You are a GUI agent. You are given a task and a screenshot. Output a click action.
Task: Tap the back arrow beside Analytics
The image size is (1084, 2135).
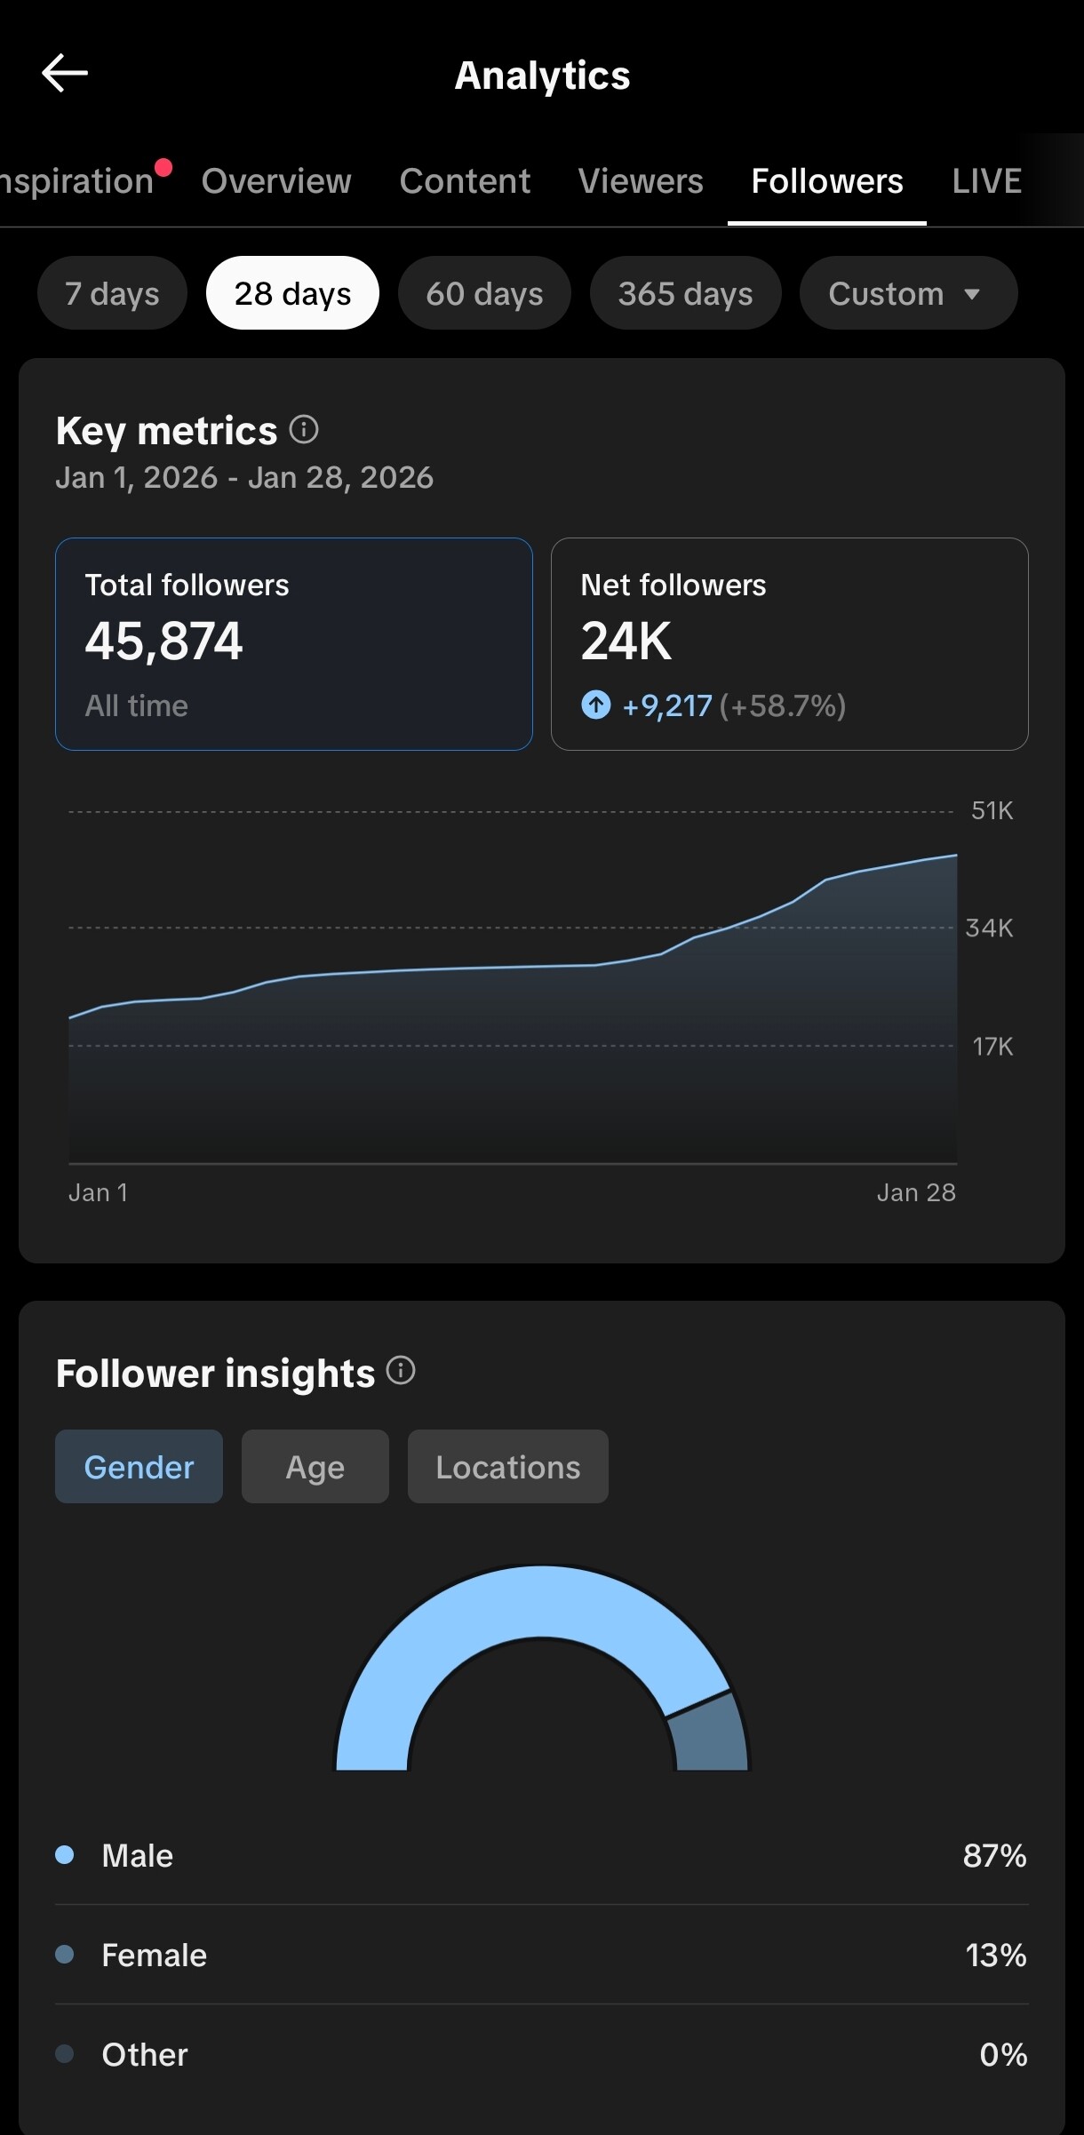pyautogui.click(x=65, y=73)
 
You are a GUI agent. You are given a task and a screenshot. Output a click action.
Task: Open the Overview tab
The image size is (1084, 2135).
pyautogui.click(x=276, y=181)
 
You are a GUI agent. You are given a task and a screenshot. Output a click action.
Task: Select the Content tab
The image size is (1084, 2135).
pyautogui.click(x=465, y=181)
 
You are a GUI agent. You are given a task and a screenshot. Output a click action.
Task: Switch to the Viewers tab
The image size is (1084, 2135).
pyautogui.click(x=641, y=181)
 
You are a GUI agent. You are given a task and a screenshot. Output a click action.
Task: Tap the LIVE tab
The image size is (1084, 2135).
pyautogui.click(x=986, y=181)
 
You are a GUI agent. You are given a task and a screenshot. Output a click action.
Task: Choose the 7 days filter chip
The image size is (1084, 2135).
pyautogui.click(x=112, y=293)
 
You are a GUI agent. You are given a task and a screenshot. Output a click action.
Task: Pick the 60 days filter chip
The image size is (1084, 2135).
pyautogui.click(x=484, y=293)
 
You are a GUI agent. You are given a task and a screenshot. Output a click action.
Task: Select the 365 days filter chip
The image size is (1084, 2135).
pyautogui.click(x=685, y=293)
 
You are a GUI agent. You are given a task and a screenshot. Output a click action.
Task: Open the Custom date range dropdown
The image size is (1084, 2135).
pyautogui.click(x=907, y=293)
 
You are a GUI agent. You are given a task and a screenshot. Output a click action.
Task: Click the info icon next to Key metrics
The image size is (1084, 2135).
pyautogui.click(x=304, y=430)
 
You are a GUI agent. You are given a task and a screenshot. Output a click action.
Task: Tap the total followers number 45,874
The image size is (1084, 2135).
pyautogui.click(x=163, y=641)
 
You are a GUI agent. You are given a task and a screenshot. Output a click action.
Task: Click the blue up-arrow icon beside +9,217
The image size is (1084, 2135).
pyautogui.click(x=596, y=705)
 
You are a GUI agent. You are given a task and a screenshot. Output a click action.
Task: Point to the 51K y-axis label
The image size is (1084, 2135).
pyautogui.click(x=992, y=810)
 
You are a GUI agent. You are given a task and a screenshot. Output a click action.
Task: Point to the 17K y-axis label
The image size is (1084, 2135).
pyautogui.click(x=992, y=1047)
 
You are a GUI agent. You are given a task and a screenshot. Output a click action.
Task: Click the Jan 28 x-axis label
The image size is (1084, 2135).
pyautogui.click(x=916, y=1192)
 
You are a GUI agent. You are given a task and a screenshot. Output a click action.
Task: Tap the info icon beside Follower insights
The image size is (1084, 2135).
pyautogui.click(x=401, y=1371)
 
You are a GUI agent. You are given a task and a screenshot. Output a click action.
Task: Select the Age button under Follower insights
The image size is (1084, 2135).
pyautogui.click(x=315, y=1467)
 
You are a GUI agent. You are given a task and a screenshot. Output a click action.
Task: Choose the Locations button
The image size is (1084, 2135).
pyautogui.click(x=507, y=1467)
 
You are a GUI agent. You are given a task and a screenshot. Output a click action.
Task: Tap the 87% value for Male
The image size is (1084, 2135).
pyautogui.click(x=994, y=1856)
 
